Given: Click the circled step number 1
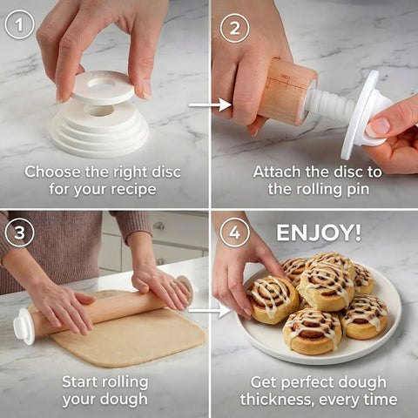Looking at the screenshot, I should coord(19,24).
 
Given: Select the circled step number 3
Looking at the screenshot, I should coord(19,233).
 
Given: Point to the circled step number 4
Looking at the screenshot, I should coord(234,233).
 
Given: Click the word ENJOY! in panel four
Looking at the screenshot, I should coord(319,233).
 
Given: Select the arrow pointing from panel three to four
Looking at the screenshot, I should coord(209,309).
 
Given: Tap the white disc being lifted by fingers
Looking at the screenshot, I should coord(103,87).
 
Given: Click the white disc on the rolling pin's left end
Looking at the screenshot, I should coord(24,326).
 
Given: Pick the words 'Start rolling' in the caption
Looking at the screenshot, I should coord(104,381).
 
